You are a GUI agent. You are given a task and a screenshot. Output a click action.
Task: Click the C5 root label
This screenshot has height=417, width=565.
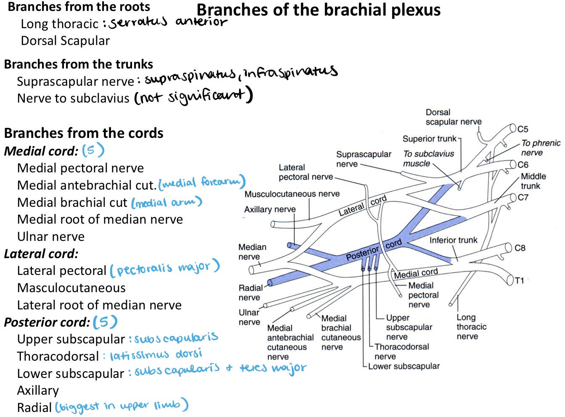(x=523, y=129)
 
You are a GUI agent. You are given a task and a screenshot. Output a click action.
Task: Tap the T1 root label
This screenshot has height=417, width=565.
(x=519, y=280)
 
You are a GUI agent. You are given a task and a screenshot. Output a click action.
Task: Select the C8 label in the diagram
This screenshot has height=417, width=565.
(x=520, y=248)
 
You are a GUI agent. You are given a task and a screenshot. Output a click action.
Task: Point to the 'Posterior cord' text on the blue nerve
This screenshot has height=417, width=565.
(x=374, y=249)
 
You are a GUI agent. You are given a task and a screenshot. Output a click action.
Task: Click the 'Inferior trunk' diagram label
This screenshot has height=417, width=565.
(x=454, y=240)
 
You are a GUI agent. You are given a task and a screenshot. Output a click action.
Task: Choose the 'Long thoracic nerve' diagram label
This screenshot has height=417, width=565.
(x=471, y=327)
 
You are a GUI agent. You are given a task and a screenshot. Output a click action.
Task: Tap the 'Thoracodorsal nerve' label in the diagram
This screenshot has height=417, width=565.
(x=401, y=351)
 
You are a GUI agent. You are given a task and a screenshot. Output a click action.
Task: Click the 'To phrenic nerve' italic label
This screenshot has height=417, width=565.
(x=541, y=148)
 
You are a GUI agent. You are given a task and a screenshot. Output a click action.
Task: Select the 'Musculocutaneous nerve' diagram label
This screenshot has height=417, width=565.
(x=292, y=194)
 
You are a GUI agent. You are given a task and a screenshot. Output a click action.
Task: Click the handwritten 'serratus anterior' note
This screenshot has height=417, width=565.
(x=168, y=22)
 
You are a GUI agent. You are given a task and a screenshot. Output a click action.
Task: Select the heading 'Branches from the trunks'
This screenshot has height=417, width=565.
(x=79, y=64)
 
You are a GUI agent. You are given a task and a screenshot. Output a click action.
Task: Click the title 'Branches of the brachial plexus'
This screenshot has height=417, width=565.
(x=318, y=11)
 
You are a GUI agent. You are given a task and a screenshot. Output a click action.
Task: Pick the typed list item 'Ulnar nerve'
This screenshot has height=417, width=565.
(x=51, y=236)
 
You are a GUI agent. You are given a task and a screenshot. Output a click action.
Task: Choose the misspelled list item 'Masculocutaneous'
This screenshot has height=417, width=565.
(x=71, y=288)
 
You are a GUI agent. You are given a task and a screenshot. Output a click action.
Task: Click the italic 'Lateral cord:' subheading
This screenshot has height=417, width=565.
(x=41, y=254)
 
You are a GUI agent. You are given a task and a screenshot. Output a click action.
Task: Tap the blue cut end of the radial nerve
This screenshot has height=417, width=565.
(x=269, y=283)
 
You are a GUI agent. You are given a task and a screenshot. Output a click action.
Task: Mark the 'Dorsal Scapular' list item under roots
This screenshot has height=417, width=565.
(x=65, y=41)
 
